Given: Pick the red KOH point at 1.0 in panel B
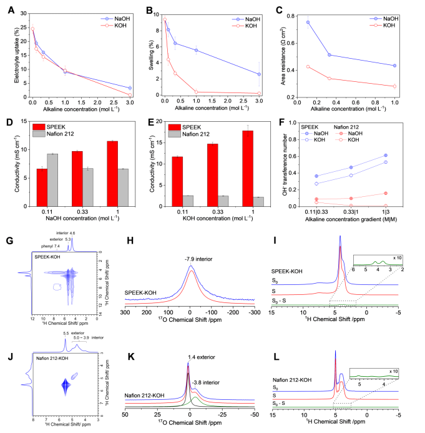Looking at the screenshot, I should (196, 92).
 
